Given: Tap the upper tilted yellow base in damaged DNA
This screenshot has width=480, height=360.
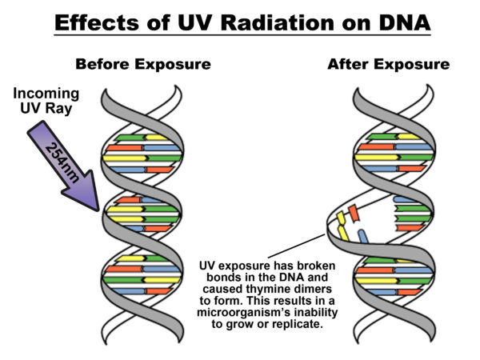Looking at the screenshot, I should [340, 216].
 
